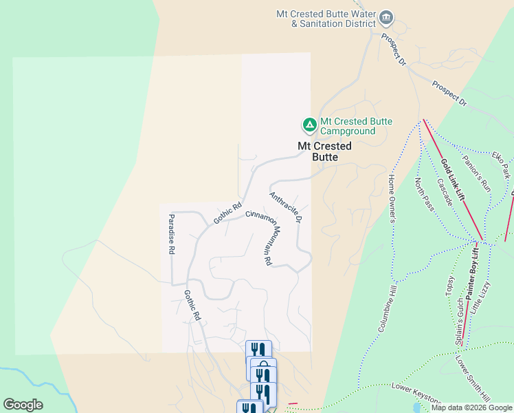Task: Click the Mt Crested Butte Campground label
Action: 348,127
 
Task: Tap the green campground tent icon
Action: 309,125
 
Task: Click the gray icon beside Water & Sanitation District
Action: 386,17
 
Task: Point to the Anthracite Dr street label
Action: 286,207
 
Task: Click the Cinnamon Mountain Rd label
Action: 260,237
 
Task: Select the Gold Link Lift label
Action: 454,180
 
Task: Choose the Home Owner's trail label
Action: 393,198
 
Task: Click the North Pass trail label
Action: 424,195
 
